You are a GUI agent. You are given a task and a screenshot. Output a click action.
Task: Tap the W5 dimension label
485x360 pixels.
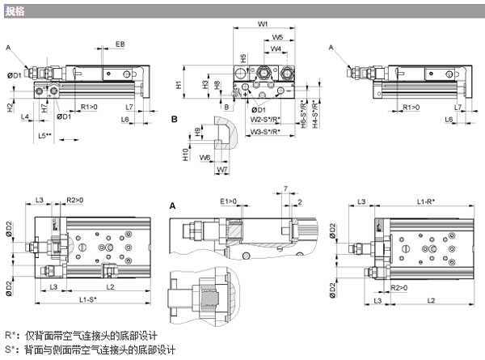point(277,37)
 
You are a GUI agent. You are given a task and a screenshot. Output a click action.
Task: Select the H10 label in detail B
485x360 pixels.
point(185,152)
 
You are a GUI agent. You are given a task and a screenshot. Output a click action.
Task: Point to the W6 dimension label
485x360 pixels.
point(205,157)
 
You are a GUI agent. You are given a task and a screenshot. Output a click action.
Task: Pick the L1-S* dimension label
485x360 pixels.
point(87,299)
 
